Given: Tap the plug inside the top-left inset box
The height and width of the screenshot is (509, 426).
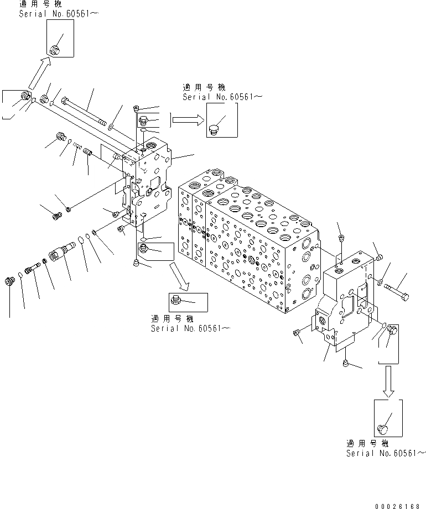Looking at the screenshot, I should click(55, 50).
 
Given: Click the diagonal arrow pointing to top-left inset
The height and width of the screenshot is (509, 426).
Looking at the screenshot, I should click(39, 74).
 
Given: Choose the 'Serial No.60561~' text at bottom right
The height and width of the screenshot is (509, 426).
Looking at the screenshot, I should click(386, 453).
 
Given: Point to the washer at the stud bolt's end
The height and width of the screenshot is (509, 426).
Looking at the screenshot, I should click(110, 128).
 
